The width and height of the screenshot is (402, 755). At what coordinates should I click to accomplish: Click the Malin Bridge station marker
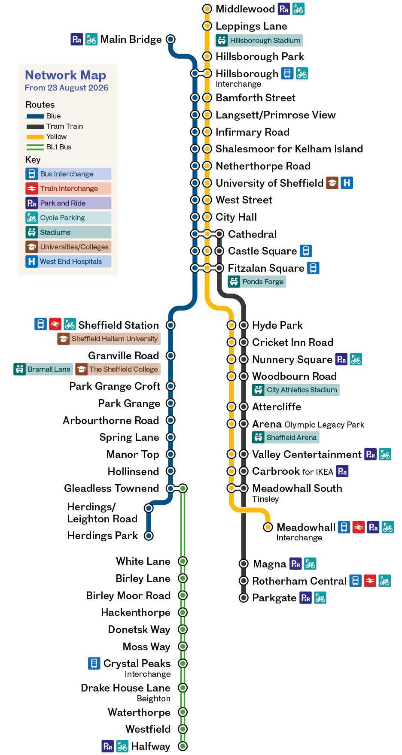(171, 39)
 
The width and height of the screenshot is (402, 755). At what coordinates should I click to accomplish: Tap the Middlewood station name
(245, 9)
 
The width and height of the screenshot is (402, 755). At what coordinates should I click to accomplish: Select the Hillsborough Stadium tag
(259, 40)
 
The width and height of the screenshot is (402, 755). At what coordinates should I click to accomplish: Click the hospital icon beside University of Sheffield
(347, 183)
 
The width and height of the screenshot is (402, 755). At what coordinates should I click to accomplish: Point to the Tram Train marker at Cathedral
(219, 234)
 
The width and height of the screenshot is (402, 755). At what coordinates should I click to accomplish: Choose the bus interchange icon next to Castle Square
(306, 251)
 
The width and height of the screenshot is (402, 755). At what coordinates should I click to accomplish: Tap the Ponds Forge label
(257, 282)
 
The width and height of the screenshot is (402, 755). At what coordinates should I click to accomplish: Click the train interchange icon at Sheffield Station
(55, 324)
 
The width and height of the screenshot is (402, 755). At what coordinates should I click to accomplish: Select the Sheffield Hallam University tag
(109, 339)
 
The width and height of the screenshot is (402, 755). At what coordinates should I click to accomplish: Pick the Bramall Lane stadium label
(43, 369)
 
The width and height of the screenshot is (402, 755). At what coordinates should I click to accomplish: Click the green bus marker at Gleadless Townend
(183, 488)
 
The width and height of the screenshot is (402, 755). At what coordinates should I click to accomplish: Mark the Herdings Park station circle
(149, 536)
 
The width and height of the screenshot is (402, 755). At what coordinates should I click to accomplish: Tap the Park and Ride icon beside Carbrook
(342, 471)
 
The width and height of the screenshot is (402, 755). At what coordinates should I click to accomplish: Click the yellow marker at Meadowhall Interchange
(268, 527)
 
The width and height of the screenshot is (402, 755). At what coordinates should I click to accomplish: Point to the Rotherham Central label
(299, 581)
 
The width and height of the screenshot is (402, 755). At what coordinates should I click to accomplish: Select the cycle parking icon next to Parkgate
(320, 598)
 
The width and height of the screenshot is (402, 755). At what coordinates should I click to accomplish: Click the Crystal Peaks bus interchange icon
(94, 664)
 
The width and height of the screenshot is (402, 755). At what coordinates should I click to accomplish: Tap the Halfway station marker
(183, 746)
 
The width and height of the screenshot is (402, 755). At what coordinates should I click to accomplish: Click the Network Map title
(66, 75)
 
